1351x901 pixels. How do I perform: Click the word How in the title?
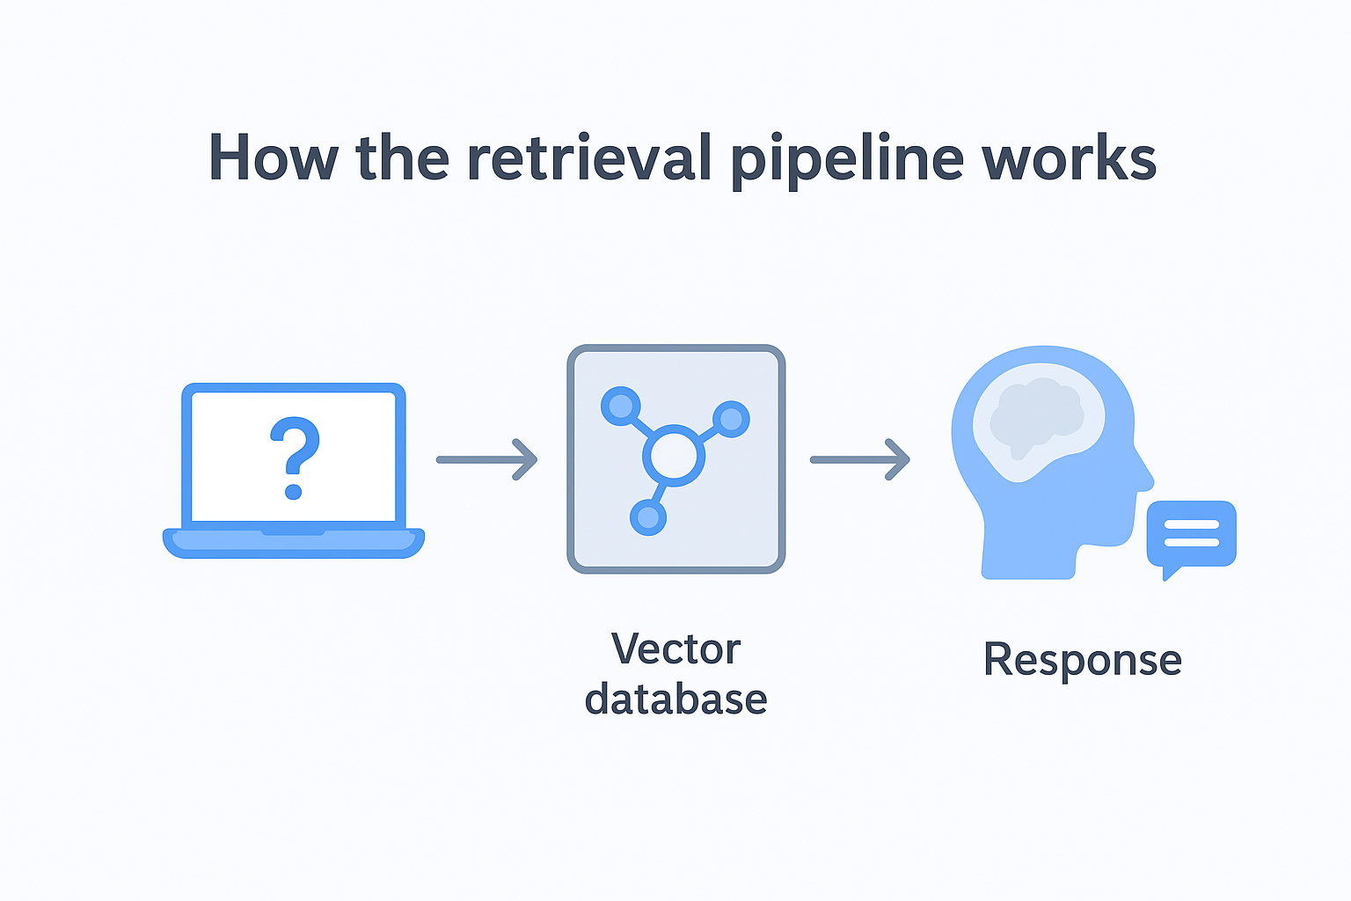coord(273,158)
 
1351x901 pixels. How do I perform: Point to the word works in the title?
coord(1069,158)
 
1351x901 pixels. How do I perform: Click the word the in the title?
coord(403,158)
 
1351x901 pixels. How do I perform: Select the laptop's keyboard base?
coord(294,543)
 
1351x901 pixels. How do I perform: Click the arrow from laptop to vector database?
coord(487,459)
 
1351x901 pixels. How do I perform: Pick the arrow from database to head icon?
coord(860,459)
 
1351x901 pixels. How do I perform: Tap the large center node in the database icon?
coord(674,456)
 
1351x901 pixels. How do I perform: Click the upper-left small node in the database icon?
coord(621,406)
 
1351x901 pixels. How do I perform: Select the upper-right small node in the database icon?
coord(731,419)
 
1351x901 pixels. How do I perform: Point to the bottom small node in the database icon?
coord(648,517)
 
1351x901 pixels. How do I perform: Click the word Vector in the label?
coord(675,650)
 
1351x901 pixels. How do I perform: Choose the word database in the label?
coord(675,700)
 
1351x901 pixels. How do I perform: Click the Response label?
coord(1082,660)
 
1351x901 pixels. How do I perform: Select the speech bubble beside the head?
coord(1191,535)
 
